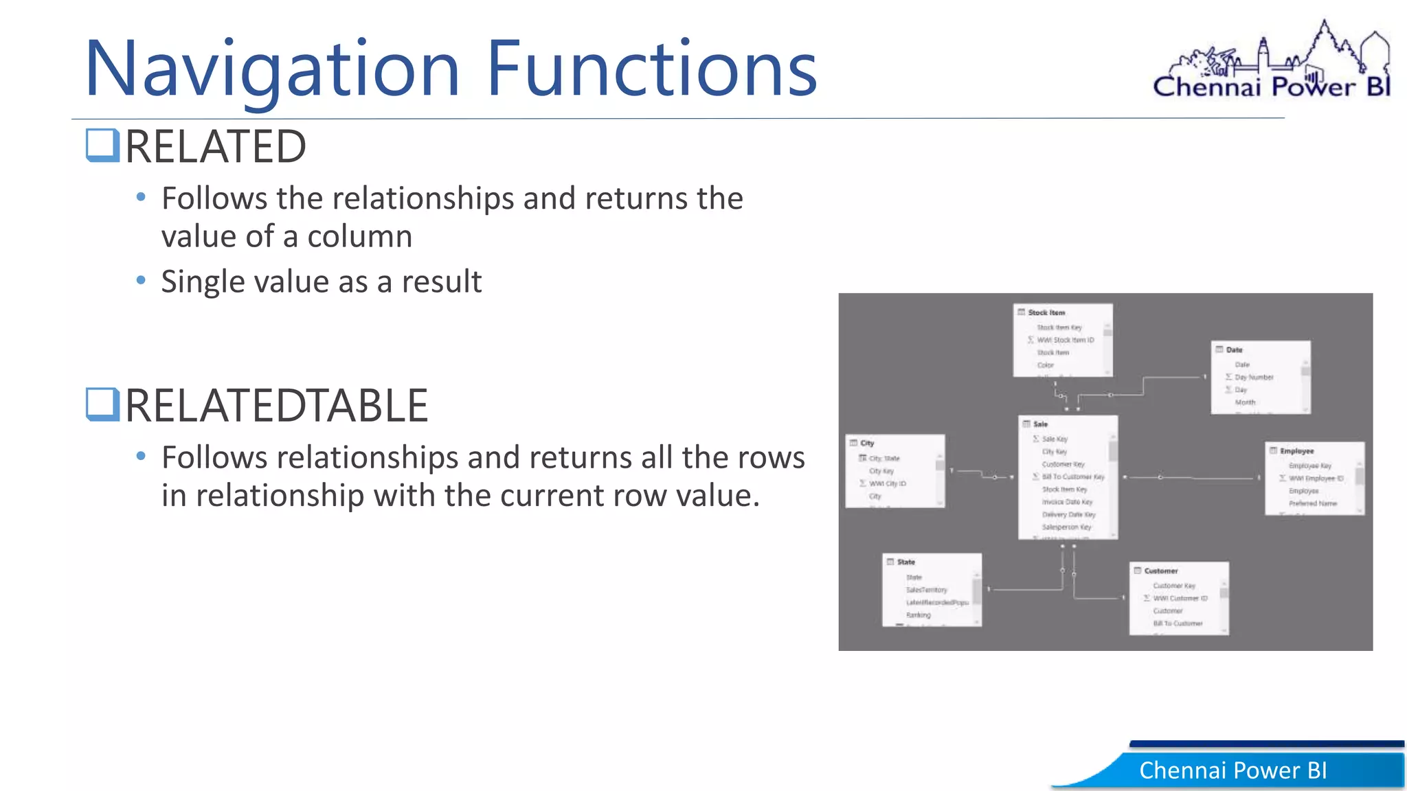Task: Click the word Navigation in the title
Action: click(271, 69)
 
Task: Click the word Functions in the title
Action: click(651, 69)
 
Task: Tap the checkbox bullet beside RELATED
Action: click(103, 146)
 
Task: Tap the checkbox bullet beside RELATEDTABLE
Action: click(103, 404)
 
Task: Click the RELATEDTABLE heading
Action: click(276, 405)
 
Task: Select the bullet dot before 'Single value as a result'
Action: click(141, 280)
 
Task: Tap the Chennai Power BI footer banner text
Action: click(1232, 770)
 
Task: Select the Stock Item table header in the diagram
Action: click(1046, 312)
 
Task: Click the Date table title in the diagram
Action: click(1234, 349)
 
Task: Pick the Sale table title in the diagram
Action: click(1040, 424)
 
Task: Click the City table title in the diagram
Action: click(867, 443)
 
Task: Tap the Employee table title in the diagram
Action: click(1296, 451)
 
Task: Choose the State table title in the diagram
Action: click(905, 562)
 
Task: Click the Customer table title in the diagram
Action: click(1160, 571)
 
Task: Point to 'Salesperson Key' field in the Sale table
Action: click(1066, 527)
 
